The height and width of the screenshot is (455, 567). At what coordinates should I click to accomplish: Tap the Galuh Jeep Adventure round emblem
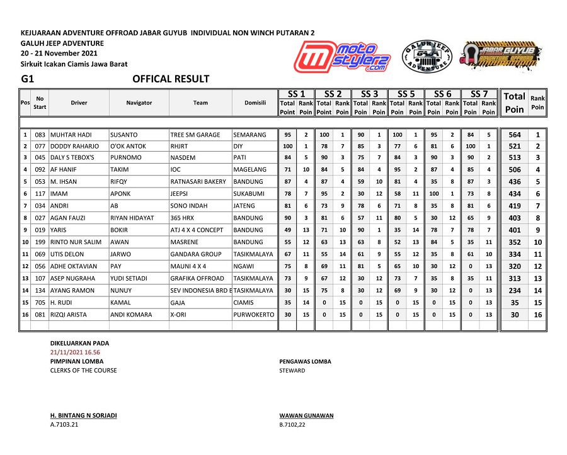[427, 57]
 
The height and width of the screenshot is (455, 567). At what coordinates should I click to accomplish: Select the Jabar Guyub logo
[500, 55]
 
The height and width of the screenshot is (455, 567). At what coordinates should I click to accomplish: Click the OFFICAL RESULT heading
[171, 79]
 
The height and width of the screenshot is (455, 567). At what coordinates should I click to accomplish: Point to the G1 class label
[27, 79]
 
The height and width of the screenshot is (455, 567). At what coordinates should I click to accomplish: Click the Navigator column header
[139, 103]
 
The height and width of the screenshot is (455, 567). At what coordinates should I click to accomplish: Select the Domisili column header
[255, 103]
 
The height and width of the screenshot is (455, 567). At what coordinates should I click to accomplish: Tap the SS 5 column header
[406, 94]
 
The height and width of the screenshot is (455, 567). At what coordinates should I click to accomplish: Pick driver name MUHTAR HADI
[71, 135]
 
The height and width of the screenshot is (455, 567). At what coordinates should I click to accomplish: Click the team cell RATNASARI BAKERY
[198, 182]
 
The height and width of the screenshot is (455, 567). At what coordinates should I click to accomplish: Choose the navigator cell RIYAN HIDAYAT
[132, 218]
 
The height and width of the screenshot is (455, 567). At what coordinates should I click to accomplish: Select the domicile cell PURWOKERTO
[254, 315]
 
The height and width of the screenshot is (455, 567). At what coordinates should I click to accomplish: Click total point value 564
[515, 135]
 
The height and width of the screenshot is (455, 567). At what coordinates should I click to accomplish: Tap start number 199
[40, 242]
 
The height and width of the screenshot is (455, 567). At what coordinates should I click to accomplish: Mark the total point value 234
[515, 291]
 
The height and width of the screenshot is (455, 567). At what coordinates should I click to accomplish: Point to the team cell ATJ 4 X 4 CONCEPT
[197, 230]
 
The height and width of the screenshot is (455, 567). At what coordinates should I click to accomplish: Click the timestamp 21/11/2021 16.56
[75, 352]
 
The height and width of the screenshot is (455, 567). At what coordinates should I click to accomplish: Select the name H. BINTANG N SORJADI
[83, 416]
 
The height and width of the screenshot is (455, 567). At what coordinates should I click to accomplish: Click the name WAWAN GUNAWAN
[306, 416]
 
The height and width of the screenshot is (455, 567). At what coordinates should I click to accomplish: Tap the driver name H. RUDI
[63, 303]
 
